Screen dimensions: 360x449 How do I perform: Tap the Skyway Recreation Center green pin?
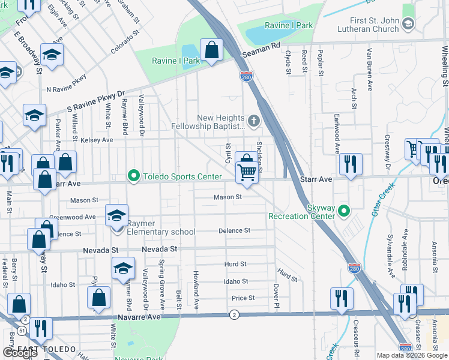coord(344,211)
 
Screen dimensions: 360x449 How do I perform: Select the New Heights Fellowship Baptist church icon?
coord(254,122)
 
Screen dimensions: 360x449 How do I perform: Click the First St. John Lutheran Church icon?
coord(408,24)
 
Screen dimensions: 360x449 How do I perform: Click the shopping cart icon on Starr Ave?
coord(247,172)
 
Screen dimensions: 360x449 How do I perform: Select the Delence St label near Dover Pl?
coord(234,230)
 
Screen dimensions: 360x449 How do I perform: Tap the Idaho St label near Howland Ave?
coord(236,281)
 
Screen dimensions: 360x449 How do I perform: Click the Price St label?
coord(243,298)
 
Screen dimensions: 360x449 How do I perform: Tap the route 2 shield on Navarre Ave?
coord(234,314)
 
